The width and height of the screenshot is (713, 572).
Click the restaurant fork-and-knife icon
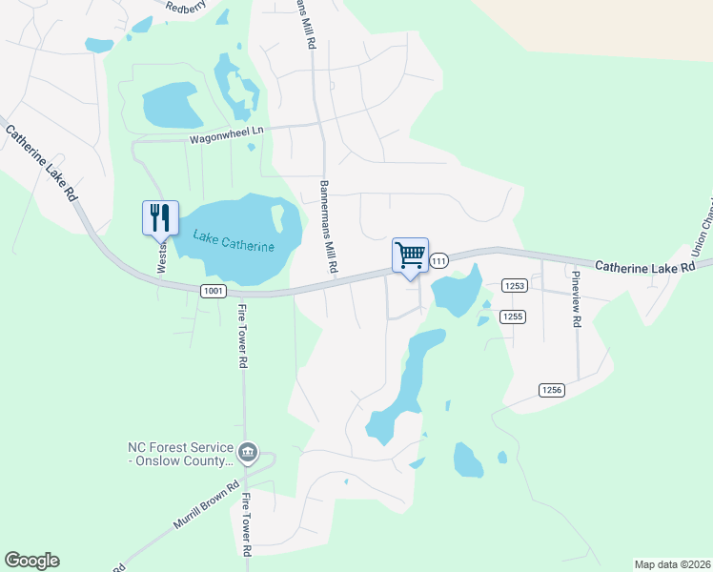tap(159, 217)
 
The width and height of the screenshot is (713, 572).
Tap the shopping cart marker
tap(410, 255)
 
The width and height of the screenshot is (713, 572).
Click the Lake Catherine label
tap(234, 241)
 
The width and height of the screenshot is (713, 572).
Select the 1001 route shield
tap(213, 290)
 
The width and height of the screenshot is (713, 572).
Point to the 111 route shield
tap(438, 261)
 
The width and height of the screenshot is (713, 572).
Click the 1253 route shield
tap(515, 285)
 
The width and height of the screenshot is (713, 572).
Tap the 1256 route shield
tap(551, 389)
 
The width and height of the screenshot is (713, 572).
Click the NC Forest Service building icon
tap(248, 452)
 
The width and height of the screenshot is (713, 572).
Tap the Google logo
tap(31, 561)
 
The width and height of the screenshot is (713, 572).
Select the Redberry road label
tap(186, 6)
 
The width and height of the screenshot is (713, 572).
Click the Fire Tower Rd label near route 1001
tap(242, 337)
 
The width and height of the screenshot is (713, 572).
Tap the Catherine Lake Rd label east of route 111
tap(644, 268)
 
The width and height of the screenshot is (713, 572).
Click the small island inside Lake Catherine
tap(278, 219)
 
